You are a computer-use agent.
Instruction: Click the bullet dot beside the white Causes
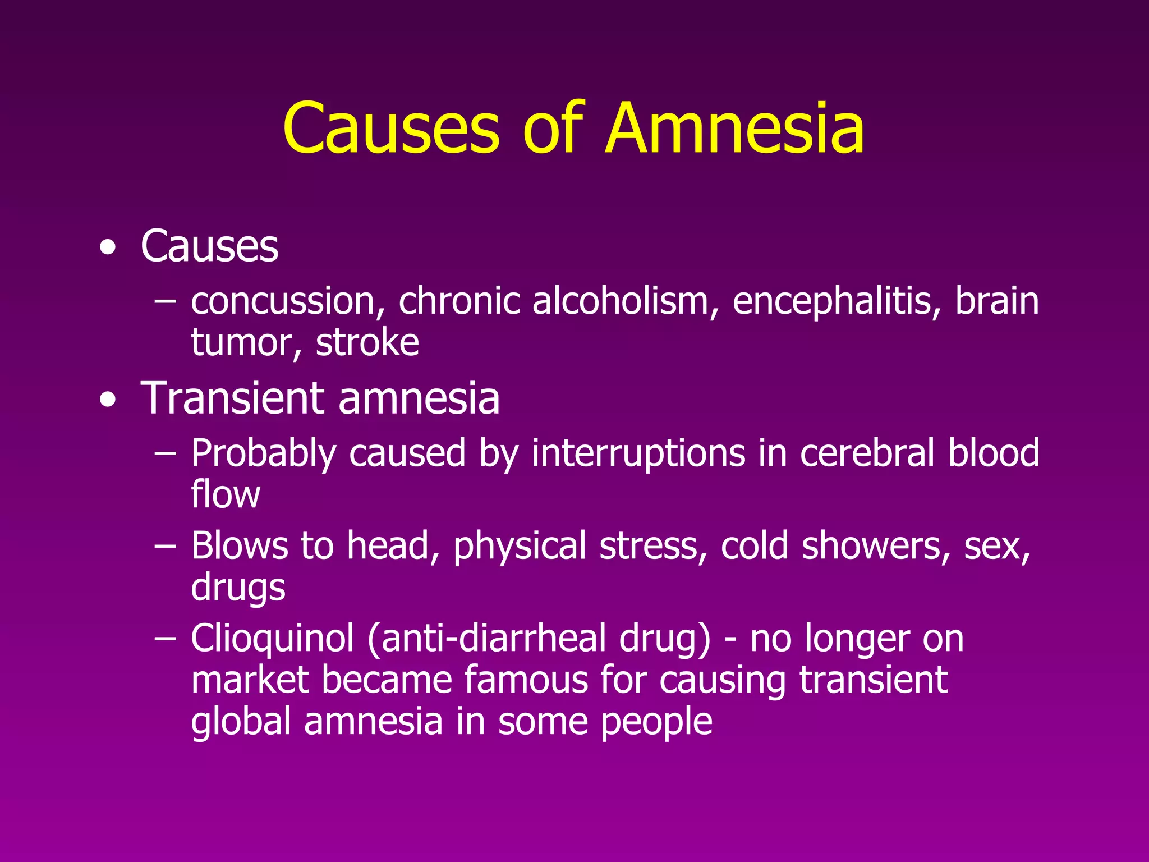coord(108,249)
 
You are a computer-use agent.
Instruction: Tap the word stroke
coord(367,342)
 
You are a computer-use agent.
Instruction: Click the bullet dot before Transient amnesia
coord(108,400)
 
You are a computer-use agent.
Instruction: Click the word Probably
coord(264,453)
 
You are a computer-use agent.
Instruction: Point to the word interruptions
coord(638,453)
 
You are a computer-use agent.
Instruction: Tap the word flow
coord(226,494)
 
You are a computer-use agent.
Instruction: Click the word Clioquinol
coord(273,639)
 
